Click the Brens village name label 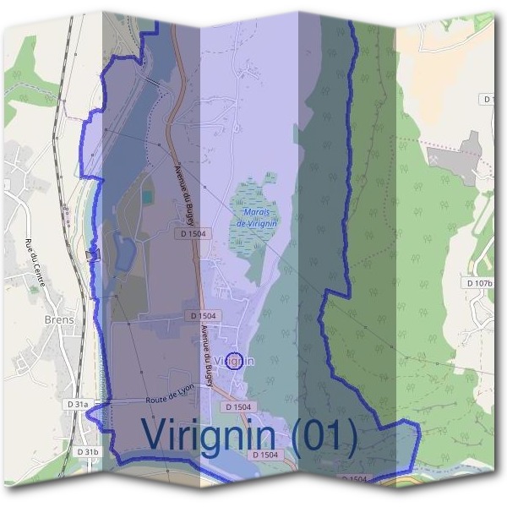point(58,320)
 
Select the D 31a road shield point(76,405)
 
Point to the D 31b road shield point(88,453)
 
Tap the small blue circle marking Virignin point(236,360)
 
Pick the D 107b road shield point(478,283)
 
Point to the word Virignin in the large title point(209,435)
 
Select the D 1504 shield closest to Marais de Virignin point(194,233)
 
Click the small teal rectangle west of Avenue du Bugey point(148,196)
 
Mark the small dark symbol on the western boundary point(92,253)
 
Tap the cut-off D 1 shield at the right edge point(488,100)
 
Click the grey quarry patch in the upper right point(461,161)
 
